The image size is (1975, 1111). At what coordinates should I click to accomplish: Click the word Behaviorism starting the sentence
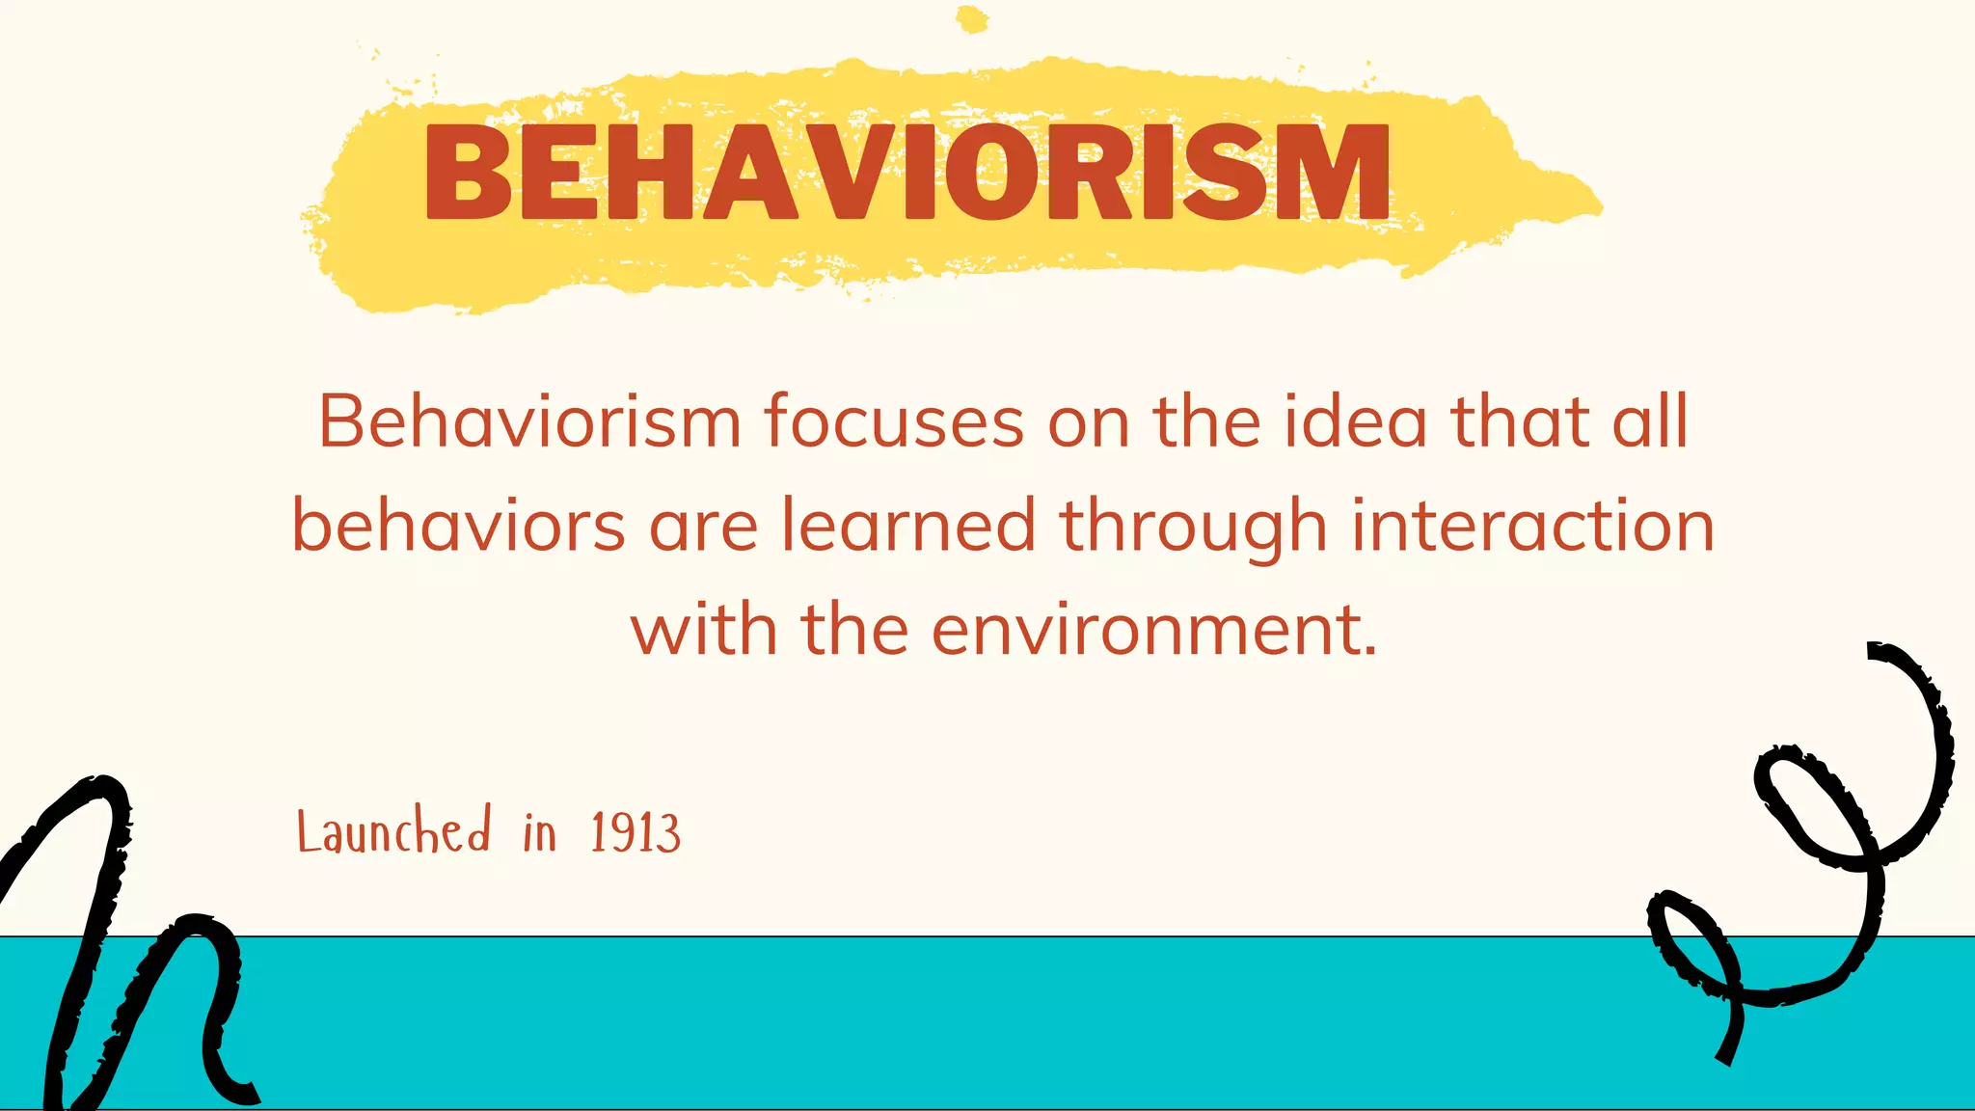coord(529,421)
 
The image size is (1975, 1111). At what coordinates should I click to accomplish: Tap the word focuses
coord(894,421)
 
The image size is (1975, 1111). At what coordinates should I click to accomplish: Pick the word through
coord(1194,528)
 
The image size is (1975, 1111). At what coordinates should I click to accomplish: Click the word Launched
coord(393,831)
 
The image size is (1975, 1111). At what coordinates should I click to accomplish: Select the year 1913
coord(636,832)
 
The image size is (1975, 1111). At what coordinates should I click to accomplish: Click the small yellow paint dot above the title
coord(972,19)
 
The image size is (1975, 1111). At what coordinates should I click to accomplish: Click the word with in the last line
coord(704,630)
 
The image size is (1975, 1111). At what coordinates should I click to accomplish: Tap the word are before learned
coord(703,528)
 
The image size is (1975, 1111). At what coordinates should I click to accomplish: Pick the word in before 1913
coord(540,832)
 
